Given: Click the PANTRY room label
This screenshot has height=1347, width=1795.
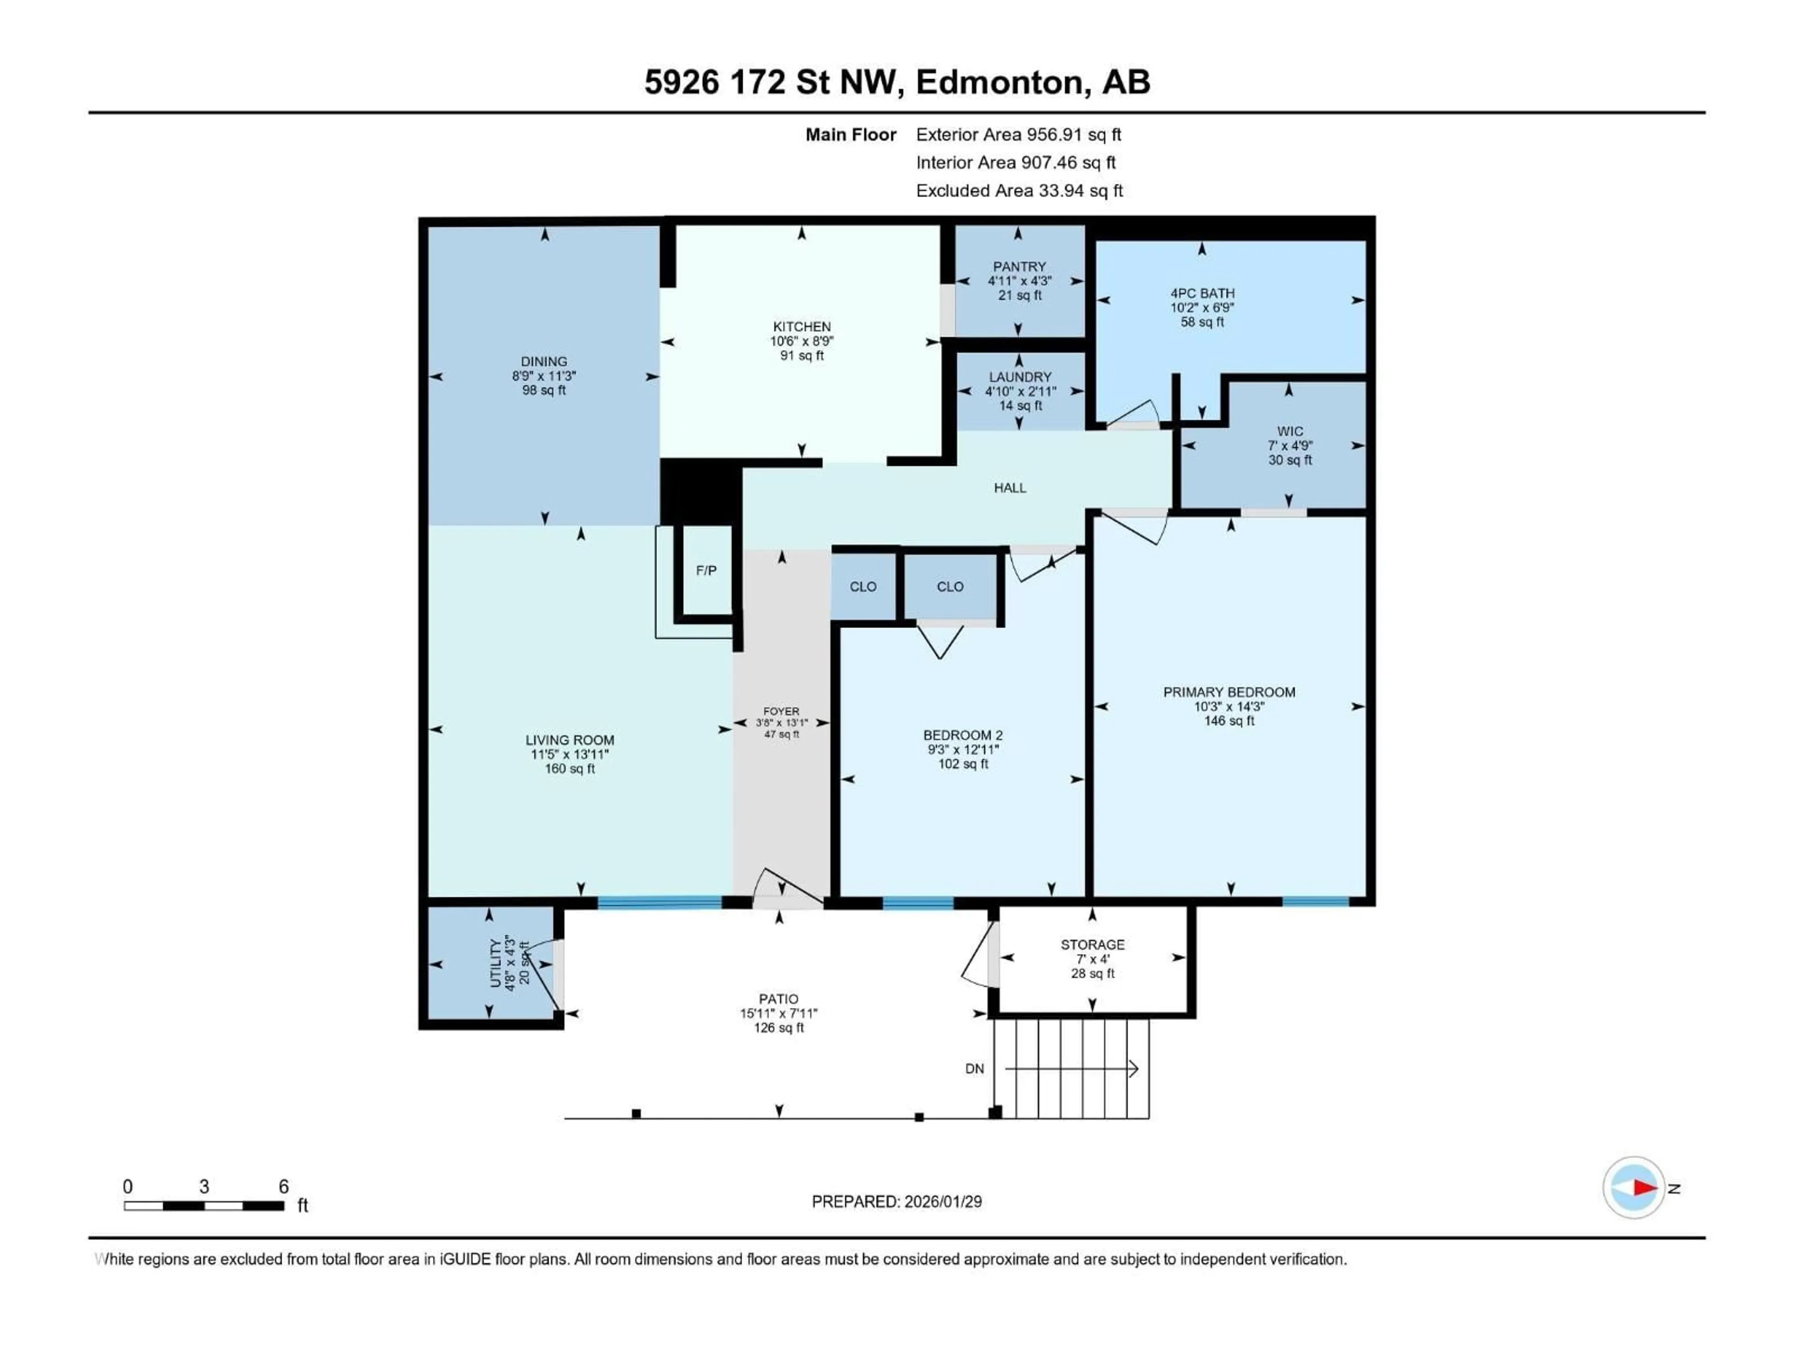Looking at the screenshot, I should tap(1019, 266).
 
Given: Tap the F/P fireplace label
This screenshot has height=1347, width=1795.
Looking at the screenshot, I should tap(706, 571).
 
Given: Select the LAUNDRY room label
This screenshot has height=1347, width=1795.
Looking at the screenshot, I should tap(1020, 377).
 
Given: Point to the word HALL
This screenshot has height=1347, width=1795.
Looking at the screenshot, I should tap(1010, 488).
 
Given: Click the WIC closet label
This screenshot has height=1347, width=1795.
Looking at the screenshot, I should tap(1289, 431).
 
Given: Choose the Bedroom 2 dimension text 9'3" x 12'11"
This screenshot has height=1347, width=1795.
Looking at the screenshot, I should tap(963, 749).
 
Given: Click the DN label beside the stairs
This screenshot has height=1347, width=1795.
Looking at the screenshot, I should tap(975, 1069).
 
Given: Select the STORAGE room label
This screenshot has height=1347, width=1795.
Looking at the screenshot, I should tap(1092, 944).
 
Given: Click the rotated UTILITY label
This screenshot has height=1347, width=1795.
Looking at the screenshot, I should tap(495, 964).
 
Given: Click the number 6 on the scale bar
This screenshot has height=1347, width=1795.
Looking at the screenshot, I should tap(283, 1186).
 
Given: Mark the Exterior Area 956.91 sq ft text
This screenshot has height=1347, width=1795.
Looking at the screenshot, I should tap(1019, 135).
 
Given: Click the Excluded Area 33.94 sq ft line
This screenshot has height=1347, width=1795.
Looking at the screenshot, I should tap(1019, 191).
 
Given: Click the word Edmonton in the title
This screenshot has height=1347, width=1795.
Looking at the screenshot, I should tap(1000, 82).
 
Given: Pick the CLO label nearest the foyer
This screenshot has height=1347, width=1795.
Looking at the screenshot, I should tap(862, 586).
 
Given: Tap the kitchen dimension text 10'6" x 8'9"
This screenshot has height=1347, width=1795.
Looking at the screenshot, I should tap(802, 341).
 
